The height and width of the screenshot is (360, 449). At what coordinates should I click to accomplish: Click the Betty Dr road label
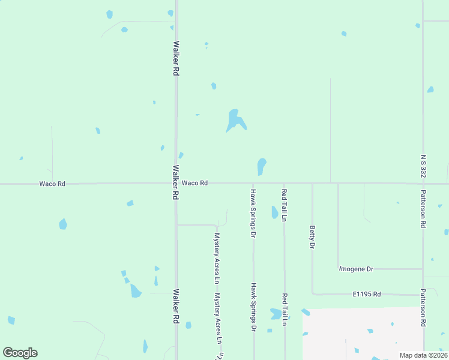coord(312,236)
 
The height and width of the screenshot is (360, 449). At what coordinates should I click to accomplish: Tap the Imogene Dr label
coord(357,269)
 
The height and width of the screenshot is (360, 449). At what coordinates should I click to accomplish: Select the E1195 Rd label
coord(367,294)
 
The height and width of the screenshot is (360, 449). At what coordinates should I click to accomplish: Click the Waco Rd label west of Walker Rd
coord(52,184)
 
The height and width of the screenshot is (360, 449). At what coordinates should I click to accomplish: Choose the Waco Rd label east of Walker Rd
coord(194,183)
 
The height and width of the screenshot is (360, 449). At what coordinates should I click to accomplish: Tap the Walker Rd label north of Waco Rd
coord(176,58)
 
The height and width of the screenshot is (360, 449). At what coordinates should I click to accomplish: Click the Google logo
coord(20,353)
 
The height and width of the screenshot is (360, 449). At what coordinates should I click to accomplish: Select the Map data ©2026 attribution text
coord(423,355)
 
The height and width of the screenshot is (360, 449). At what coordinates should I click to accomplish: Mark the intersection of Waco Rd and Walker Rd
coord(176,184)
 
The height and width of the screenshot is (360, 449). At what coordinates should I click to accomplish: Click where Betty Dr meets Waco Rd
coord(312,184)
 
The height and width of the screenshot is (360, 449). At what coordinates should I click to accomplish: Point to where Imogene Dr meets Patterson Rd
coord(423,269)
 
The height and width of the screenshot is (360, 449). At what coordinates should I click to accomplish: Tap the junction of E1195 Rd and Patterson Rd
coord(423,294)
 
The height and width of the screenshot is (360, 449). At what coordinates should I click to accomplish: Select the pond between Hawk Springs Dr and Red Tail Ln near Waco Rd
coord(274,212)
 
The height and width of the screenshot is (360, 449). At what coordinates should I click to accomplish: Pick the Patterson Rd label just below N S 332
coord(423,209)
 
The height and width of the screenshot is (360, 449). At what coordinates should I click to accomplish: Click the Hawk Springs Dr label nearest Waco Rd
coord(253,212)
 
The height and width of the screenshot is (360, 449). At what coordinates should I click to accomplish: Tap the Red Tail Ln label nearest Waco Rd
coord(285,205)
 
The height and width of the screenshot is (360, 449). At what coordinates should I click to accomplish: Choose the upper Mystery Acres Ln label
coord(217,258)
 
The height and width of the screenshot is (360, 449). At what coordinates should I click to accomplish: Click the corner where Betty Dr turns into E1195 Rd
coord(313,293)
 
